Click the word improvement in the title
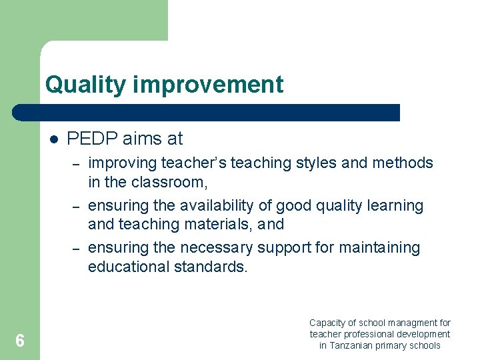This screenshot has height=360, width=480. [209, 85]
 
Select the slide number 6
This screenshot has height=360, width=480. [20, 341]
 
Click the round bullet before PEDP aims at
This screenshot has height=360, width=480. [54, 139]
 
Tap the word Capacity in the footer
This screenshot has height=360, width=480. [327, 323]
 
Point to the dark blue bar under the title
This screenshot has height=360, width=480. [207, 113]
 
